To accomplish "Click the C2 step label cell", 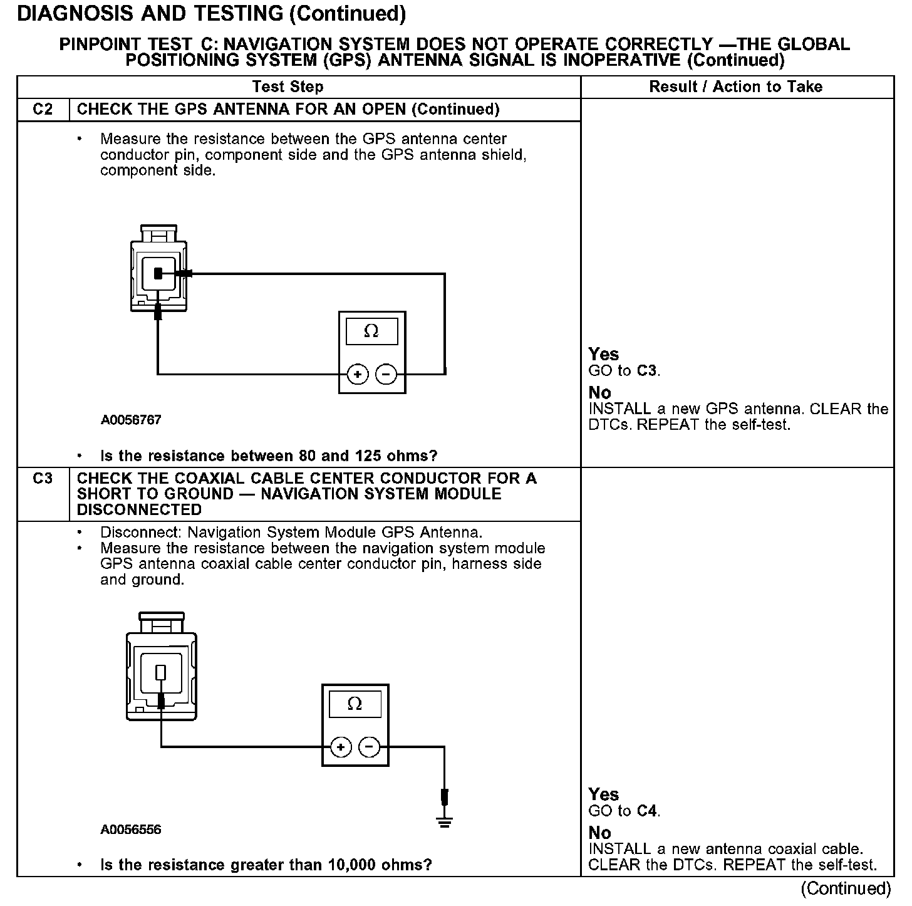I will [43, 110].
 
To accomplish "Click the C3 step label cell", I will [43, 479].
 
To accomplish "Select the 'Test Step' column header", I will [288, 87].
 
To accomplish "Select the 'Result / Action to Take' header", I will [735, 87].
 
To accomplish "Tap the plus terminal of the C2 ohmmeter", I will [358, 375].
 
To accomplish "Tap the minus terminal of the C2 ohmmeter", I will [386, 375].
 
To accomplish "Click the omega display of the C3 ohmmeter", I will [355, 704].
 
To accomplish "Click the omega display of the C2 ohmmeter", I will [371, 331].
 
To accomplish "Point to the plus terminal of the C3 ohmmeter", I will [341, 747].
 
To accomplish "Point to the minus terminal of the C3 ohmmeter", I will [369, 747].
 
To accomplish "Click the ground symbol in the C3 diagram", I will [445, 821].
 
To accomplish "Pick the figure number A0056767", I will [131, 420].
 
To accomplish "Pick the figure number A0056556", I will [131, 830].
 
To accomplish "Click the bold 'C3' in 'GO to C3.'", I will [647, 371].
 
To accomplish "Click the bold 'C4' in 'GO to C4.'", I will [647, 811].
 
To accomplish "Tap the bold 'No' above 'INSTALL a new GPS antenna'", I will [599, 393].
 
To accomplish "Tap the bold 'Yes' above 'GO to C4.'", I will [603, 794].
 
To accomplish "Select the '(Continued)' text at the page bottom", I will [845, 888].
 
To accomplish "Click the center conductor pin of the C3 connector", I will [161, 673].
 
